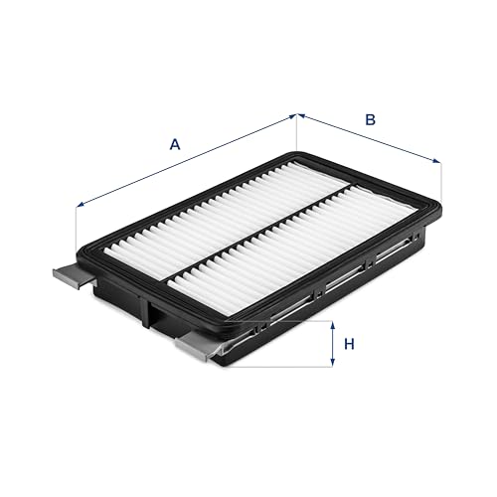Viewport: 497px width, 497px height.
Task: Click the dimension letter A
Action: coord(175,143)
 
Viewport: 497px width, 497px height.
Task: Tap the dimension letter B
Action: coord(370,119)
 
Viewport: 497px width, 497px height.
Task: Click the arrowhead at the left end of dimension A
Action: coord(80,206)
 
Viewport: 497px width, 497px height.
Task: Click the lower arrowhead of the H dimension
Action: coord(332,363)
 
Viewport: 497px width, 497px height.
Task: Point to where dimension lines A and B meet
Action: coord(296,114)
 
